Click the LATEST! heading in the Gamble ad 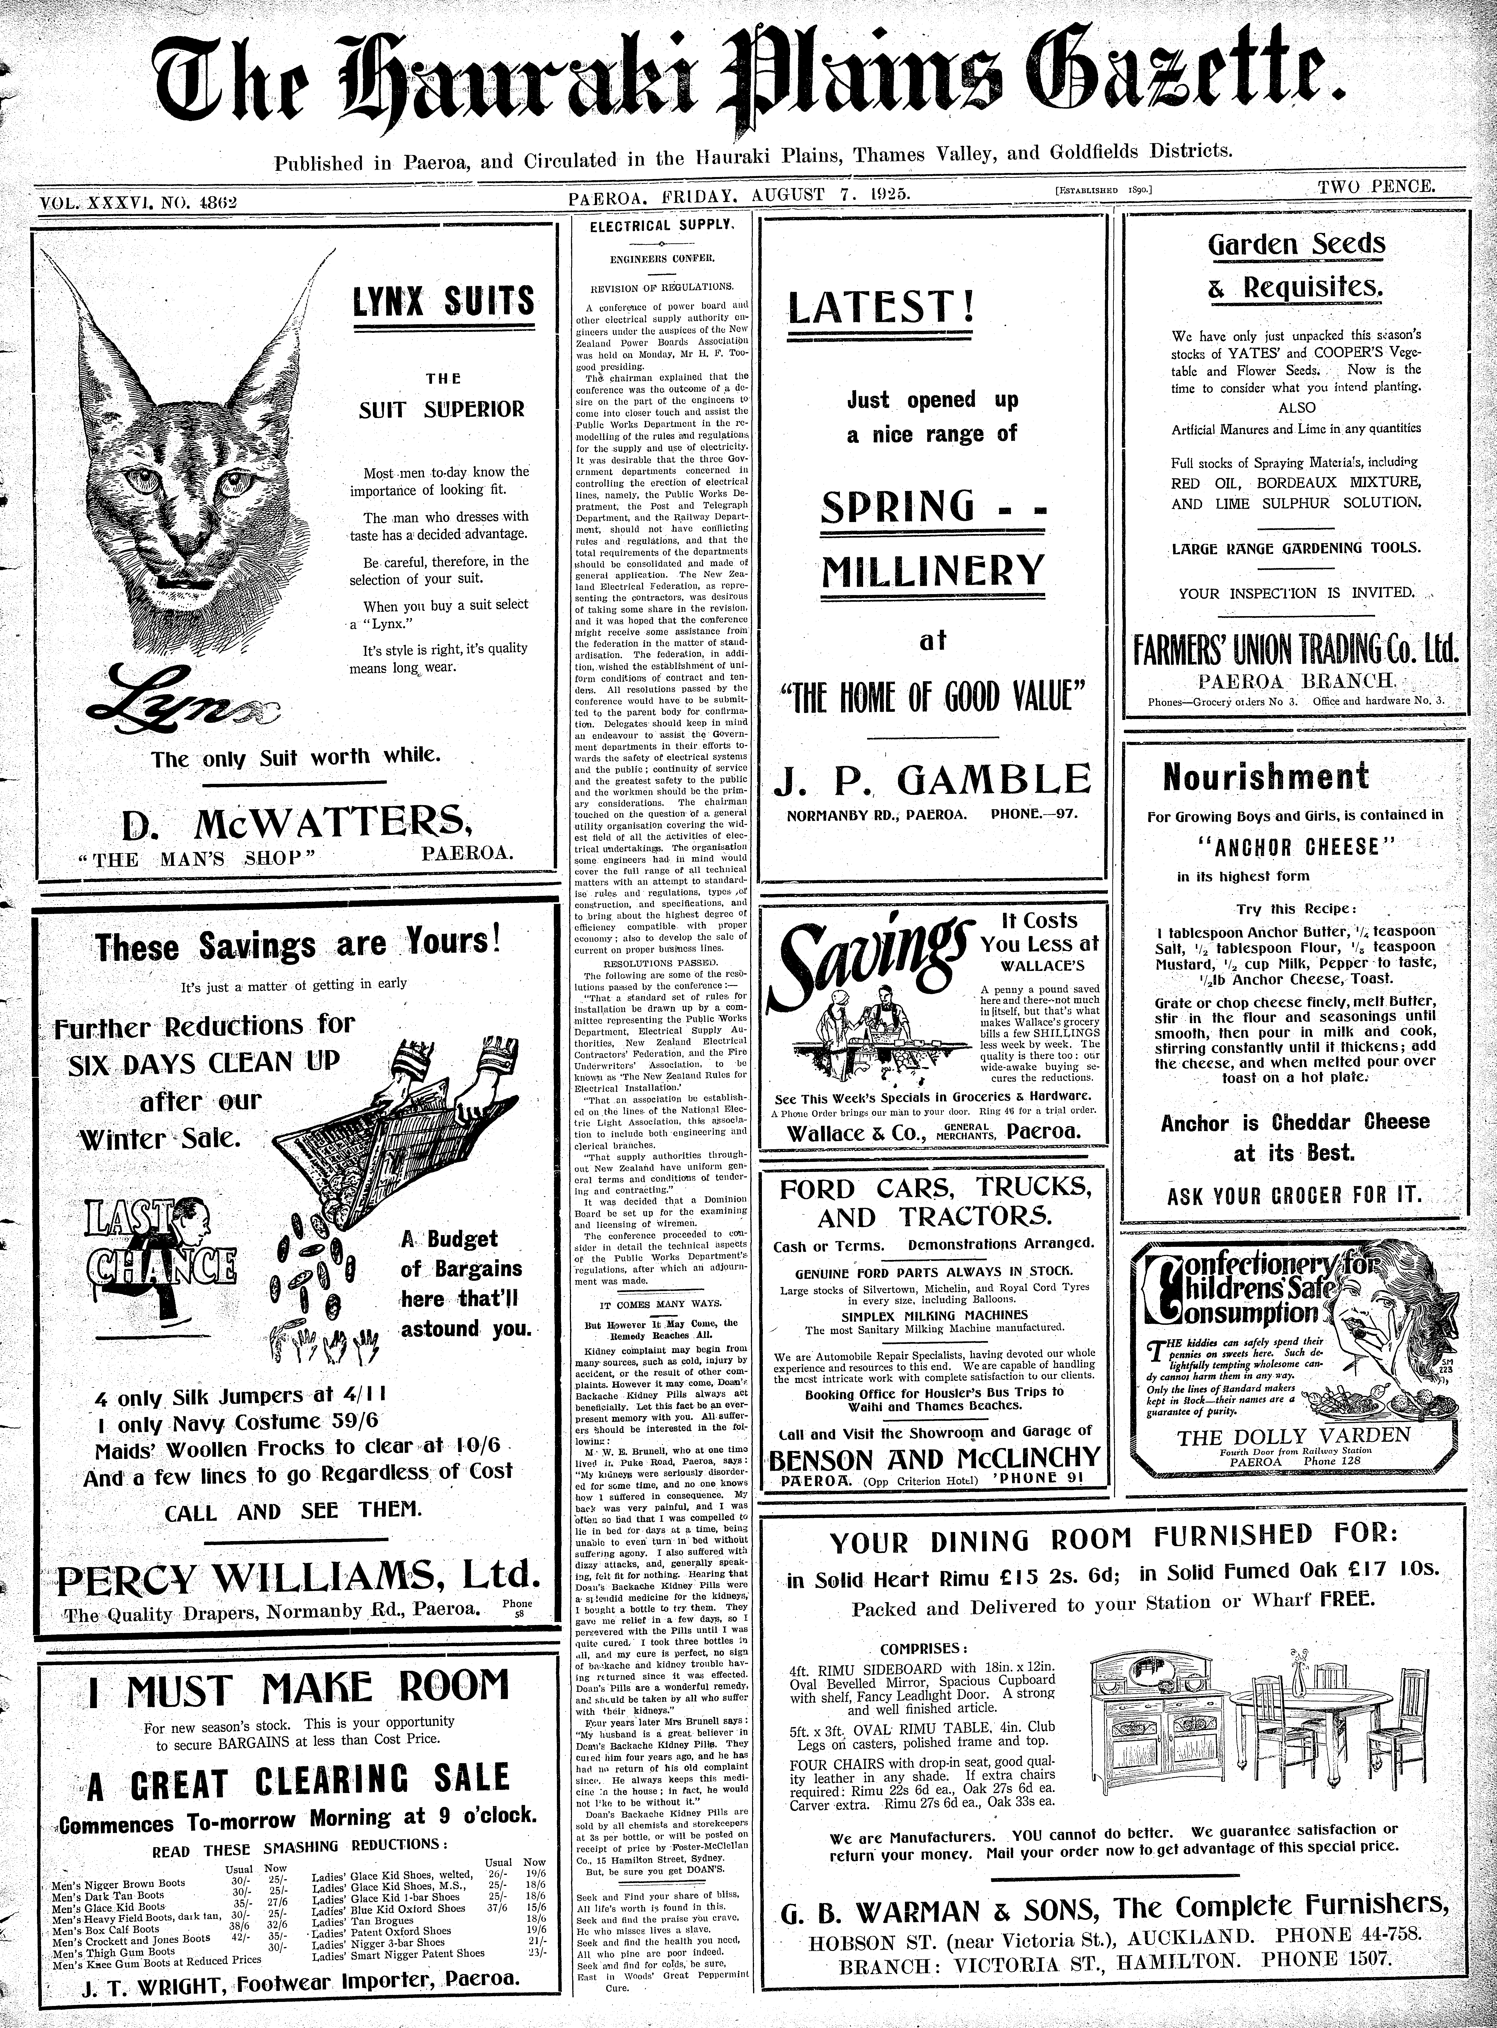pos(881,306)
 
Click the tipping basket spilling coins pos(353,1151)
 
